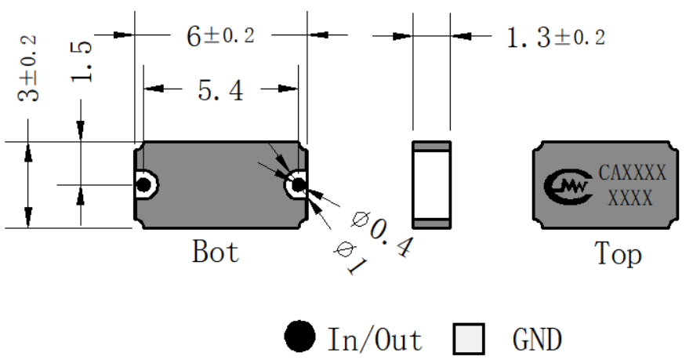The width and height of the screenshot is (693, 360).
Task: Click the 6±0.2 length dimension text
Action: pos(220,36)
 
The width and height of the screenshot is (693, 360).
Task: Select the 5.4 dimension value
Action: pos(220,91)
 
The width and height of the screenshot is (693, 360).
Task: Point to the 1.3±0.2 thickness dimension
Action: pos(556,37)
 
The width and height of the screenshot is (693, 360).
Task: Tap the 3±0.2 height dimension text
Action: pos(27,68)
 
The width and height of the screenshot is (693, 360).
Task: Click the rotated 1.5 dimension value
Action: pos(82,61)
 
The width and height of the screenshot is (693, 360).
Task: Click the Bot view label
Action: pos(216,252)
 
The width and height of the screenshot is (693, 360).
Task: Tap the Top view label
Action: pos(618,254)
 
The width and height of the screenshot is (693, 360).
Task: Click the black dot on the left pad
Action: pos(143,185)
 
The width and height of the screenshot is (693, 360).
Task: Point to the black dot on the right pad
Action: pos(299,184)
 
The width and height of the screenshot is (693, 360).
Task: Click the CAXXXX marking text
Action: pos(633,173)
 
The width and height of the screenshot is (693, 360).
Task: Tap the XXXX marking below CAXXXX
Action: pos(630,198)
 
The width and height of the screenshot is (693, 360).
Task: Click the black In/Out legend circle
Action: pos(299,336)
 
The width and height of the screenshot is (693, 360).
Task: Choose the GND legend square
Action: pos(469,339)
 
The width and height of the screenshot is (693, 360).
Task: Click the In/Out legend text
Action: pos(375,339)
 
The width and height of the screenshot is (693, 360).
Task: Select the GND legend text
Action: pos(537,340)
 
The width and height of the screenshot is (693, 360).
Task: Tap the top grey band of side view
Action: pos(432,147)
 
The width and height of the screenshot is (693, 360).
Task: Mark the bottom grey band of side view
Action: pos(432,224)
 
